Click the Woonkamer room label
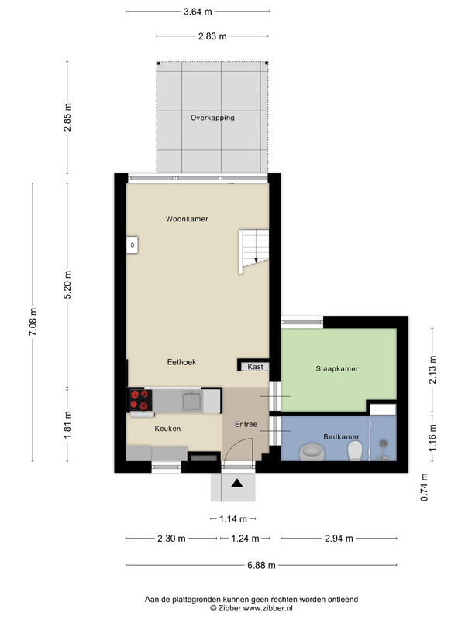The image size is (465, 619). (x=187, y=219)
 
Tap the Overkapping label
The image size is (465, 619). (x=212, y=118)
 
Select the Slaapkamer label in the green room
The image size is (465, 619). (x=337, y=369)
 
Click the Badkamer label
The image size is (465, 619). (x=341, y=436)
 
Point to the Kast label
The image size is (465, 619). (x=255, y=367)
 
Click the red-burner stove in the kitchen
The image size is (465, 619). (x=141, y=400)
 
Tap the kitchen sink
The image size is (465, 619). (x=192, y=401)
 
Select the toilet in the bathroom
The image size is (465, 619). (x=355, y=450)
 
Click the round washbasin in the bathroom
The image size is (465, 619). (x=312, y=452)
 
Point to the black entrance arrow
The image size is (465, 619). (x=237, y=483)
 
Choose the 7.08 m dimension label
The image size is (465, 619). (x=33, y=322)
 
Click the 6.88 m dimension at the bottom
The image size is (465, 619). (x=261, y=565)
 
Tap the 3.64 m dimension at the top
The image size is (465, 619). (x=198, y=12)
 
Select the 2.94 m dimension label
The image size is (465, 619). (x=339, y=538)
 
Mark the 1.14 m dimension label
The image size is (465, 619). (x=233, y=518)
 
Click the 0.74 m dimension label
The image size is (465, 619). (x=424, y=487)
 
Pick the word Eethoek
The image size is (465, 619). (x=181, y=362)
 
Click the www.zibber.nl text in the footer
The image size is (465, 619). (x=267, y=608)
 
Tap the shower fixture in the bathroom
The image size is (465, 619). (x=383, y=450)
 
